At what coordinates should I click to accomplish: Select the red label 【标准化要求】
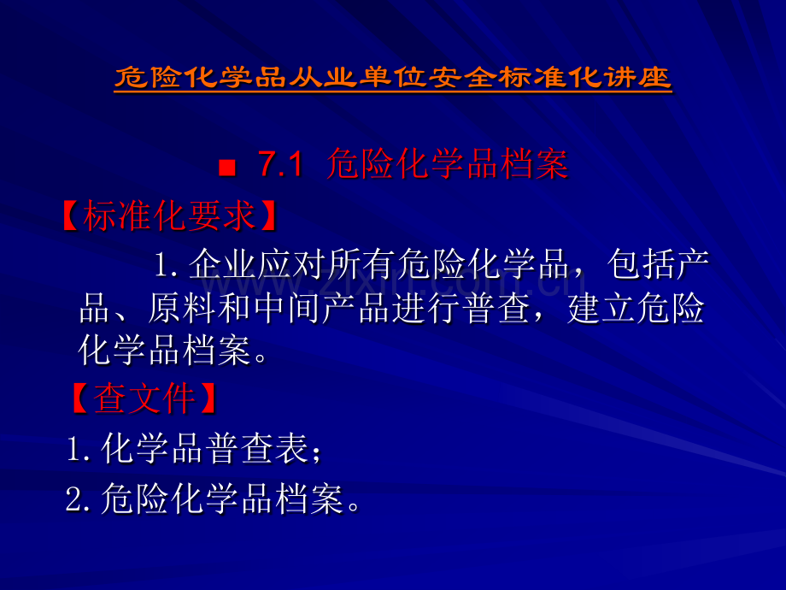pyautogui.click(x=170, y=216)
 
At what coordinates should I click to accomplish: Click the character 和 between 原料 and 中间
pyautogui.click(x=233, y=310)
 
